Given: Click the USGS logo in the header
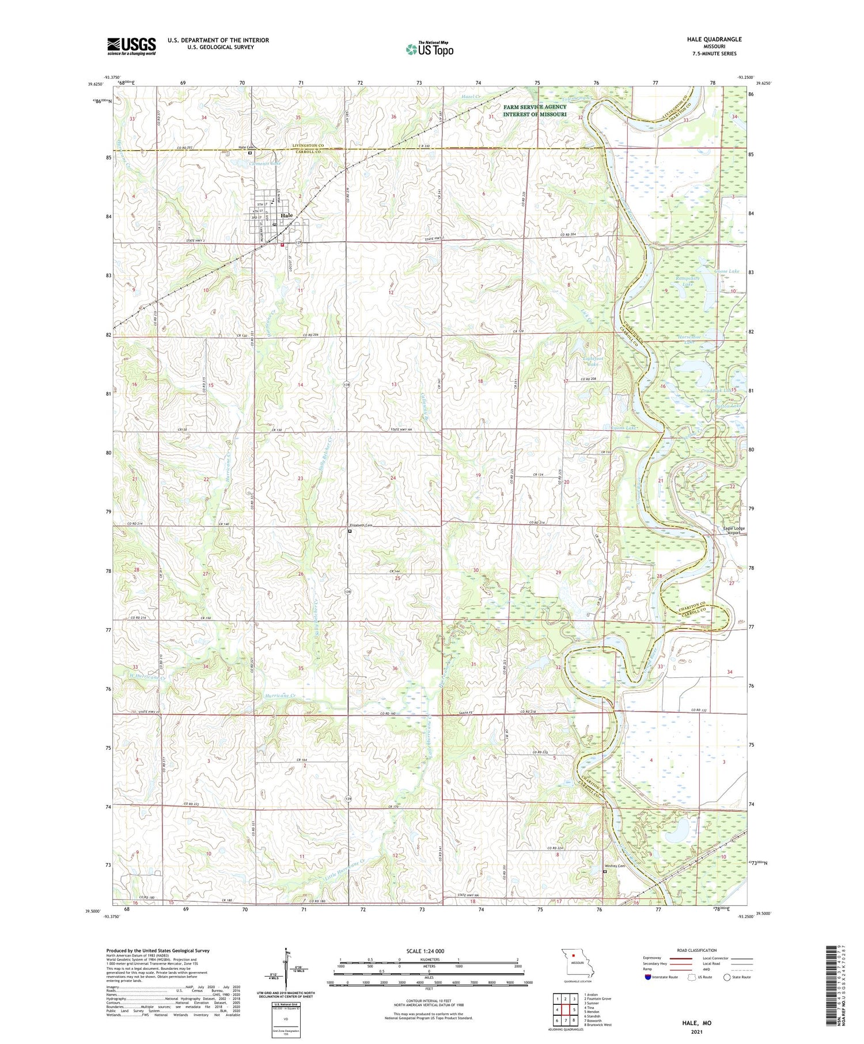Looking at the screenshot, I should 131,46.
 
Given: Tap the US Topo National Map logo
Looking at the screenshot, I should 429,49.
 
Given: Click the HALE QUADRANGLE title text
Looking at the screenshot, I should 714,39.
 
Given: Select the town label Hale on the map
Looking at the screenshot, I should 286,215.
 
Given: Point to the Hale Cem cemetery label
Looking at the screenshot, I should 246,147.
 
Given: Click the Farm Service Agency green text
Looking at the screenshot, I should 535,111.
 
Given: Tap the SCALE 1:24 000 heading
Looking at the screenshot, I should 425,951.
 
